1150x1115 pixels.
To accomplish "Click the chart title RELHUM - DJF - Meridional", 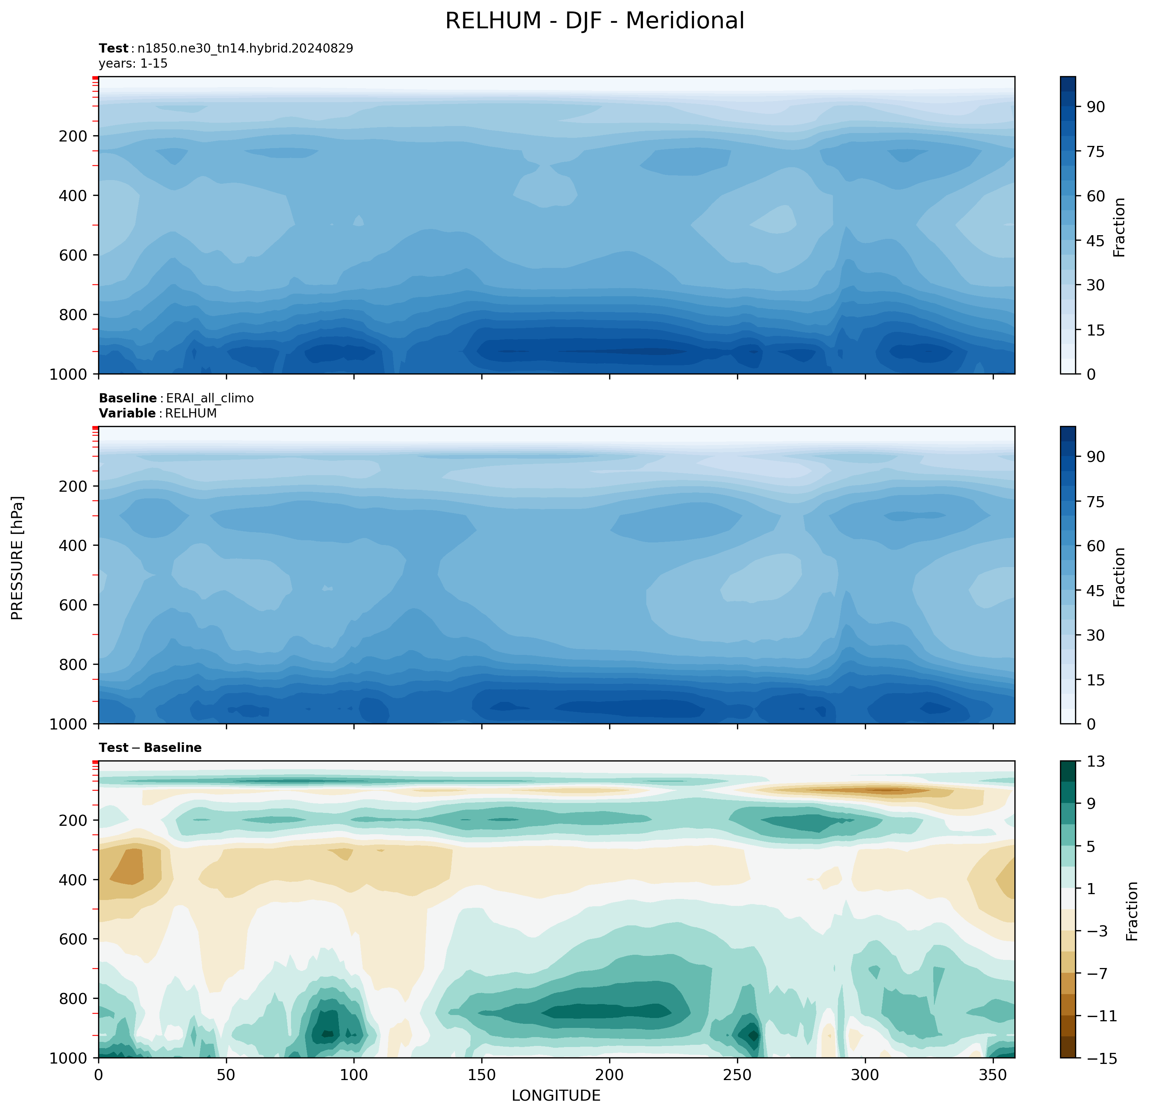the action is tap(594, 21).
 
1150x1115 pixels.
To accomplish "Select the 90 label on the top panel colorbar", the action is tap(1095, 107).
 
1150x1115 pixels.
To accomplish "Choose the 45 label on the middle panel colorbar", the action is tap(1095, 590).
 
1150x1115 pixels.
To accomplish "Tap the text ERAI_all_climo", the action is tap(210, 398).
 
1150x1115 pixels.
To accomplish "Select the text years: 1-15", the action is tap(133, 63).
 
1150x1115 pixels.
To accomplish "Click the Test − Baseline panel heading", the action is tap(150, 747).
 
